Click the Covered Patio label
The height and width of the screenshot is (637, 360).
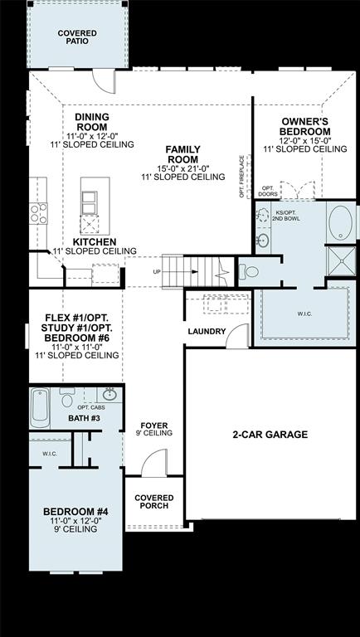(76, 36)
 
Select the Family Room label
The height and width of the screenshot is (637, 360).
(182, 153)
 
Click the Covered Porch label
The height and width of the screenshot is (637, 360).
(153, 501)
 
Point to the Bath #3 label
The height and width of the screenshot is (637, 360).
(84, 418)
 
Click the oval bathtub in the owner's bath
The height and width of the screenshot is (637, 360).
(340, 224)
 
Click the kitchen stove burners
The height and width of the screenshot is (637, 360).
(38, 213)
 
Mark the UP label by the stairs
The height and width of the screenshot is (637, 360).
(156, 271)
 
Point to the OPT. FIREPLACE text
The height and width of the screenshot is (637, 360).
(241, 176)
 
